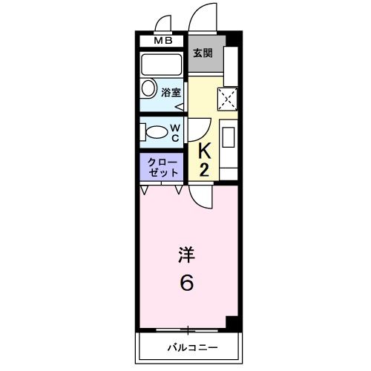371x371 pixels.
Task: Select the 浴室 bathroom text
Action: pos(171,93)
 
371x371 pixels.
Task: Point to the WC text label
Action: pos(176,132)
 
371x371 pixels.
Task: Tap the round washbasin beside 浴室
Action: pos(146,92)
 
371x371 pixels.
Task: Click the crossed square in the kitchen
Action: pos(228,97)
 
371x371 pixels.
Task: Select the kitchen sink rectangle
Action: pos(229,138)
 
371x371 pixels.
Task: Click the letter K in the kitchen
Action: pos(206,151)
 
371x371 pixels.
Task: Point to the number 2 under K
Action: pos(206,170)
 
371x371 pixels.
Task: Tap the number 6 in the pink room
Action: pos(188,283)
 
